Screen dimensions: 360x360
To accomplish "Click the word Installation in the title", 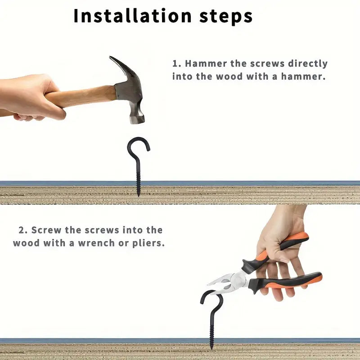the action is pyautogui.click(x=133, y=16).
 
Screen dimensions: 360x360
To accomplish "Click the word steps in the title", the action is pyautogui.click(x=226, y=17).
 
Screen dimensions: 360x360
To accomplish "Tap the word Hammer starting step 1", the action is pyautogui.click(x=206, y=63).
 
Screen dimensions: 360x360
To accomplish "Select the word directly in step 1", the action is pyautogui.click(x=308, y=64).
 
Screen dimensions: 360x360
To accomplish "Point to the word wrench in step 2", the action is pyautogui.click(x=96, y=243).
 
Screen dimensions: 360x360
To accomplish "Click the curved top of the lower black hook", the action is pyautogui.click(x=211, y=294).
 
